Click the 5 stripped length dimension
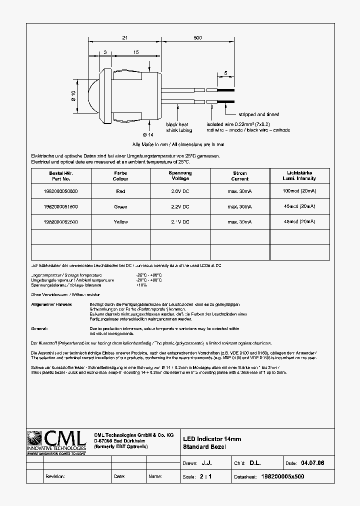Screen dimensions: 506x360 point(225,73)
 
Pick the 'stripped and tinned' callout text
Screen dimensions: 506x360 point(258,114)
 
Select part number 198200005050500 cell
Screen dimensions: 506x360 point(60,191)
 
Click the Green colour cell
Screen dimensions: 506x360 point(120,206)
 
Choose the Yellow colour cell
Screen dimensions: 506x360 point(120,221)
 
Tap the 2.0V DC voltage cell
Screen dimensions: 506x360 point(180,191)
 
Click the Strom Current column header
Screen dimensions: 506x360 point(239,176)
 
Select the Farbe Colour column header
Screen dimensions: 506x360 point(120,176)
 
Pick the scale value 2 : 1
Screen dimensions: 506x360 point(205,476)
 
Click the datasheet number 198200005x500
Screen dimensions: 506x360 point(282,476)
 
